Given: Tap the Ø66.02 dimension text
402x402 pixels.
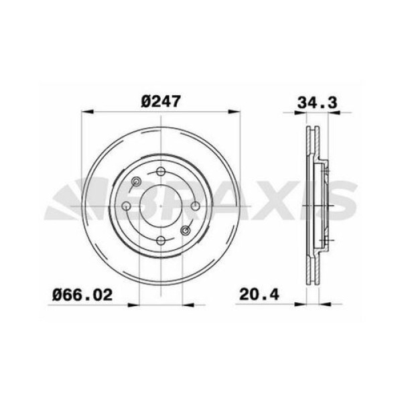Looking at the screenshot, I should pyautogui.click(x=82, y=293).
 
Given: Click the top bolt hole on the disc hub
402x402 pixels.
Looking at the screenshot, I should pyautogui.click(x=160, y=173).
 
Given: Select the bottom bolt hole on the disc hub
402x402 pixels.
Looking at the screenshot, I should pyautogui.click(x=160, y=241).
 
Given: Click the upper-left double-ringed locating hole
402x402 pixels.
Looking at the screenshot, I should pyautogui.click(x=137, y=182).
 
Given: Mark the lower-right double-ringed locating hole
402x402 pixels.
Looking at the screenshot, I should pyautogui.click(x=185, y=231).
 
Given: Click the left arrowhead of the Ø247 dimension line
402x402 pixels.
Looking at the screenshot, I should pyautogui.click(x=84, y=113).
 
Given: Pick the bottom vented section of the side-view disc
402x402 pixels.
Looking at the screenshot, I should pyautogui.click(x=311, y=271).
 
